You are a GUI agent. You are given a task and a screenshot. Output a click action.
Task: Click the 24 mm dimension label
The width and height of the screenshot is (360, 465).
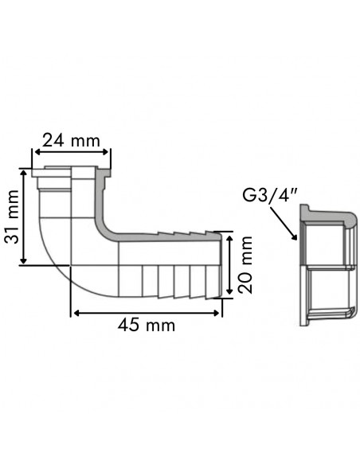tap(72, 140)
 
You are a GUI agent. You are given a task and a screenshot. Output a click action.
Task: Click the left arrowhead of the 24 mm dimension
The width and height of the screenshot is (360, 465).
tap(35, 154)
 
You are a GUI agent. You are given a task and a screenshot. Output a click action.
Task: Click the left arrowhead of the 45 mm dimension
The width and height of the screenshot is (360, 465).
tap(76, 312)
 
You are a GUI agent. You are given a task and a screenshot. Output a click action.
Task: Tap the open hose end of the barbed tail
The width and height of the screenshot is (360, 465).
tap(216, 263)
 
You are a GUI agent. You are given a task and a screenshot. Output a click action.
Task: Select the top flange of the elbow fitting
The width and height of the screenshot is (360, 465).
tap(72, 170)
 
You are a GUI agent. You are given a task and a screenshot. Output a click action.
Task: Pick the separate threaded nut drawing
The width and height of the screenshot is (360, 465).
tap(327, 267)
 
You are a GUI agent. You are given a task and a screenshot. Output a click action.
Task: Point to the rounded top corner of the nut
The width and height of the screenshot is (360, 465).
tap(350, 217)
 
